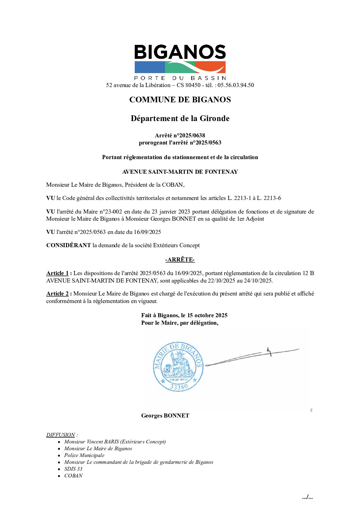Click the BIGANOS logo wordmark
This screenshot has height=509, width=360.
point(180,52)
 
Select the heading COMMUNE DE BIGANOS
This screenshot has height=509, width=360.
point(180,100)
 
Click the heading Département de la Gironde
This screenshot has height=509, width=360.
point(180,118)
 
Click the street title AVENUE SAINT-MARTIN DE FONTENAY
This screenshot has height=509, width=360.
point(180,172)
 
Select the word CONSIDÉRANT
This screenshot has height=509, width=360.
point(68,245)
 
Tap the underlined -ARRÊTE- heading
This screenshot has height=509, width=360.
point(180,260)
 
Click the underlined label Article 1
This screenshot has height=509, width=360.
point(58,273)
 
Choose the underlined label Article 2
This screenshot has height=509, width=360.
point(58,293)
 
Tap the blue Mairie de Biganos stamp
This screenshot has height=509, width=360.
point(178,367)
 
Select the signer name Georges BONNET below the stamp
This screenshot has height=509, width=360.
point(165,415)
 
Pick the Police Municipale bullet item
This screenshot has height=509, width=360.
point(84,455)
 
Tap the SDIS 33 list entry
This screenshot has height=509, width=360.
point(73,469)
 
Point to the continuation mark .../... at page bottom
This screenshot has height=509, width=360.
point(307,497)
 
